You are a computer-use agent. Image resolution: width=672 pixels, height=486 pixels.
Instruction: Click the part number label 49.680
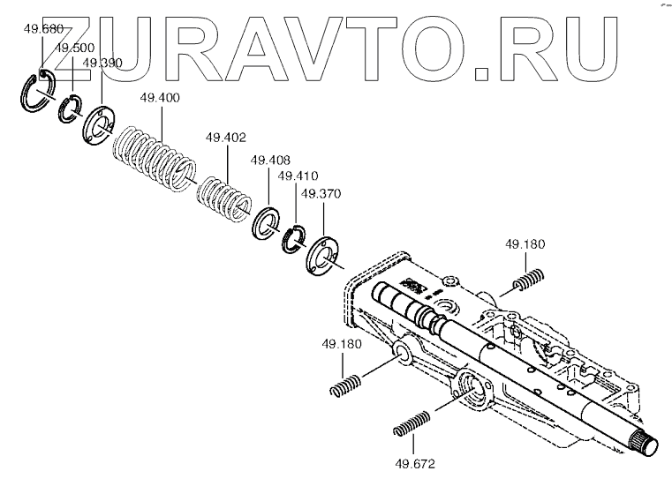pos(43,29)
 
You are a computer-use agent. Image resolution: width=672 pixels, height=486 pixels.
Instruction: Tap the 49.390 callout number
pos(102,63)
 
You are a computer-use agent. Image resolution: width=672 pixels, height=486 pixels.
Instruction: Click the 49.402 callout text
pos(225,138)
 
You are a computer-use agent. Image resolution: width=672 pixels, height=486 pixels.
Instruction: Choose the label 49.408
pos(269,161)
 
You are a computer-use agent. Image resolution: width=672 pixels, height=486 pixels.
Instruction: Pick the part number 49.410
pos(298,176)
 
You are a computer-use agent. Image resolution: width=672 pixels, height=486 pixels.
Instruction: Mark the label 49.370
pos(321,193)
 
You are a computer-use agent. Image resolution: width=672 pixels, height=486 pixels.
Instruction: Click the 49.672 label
pos(415,462)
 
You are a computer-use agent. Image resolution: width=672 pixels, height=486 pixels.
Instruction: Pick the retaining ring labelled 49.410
pos(294,238)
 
